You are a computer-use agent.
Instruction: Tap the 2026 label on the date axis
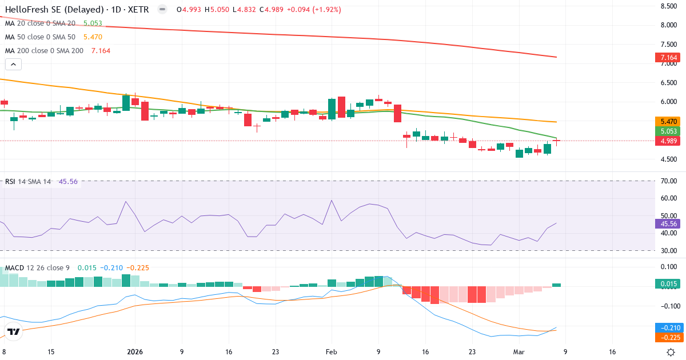[135, 353]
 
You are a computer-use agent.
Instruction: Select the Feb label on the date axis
[332, 353]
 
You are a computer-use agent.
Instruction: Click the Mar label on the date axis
[518, 353]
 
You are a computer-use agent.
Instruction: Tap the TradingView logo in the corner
[13, 331]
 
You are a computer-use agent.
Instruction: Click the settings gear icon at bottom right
[672, 353]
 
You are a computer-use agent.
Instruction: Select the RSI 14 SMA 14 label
[28, 182]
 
